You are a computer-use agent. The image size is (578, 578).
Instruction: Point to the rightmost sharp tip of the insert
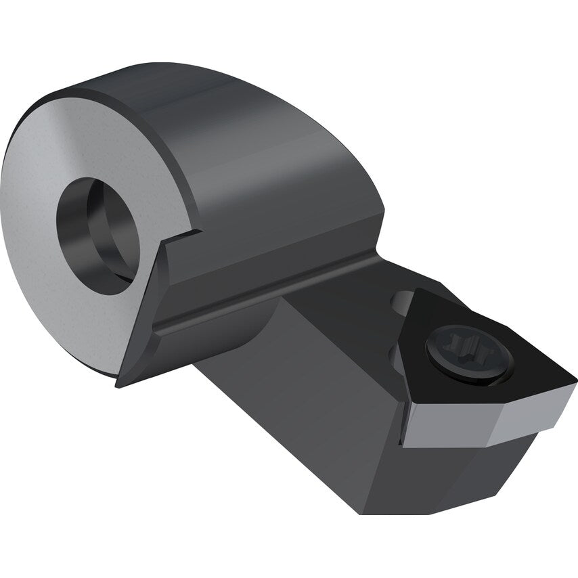point(575,380)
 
